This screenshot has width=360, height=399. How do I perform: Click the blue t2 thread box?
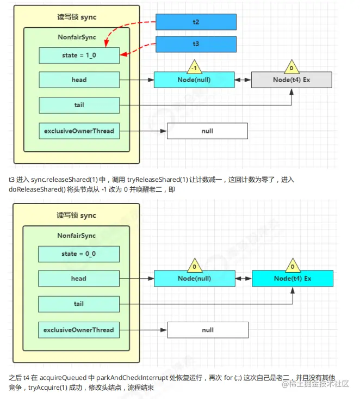196,22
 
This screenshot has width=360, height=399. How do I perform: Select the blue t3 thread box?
196,44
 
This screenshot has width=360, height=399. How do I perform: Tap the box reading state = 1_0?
79,56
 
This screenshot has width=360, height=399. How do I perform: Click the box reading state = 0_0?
79,254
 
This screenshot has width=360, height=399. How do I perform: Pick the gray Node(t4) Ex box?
291,80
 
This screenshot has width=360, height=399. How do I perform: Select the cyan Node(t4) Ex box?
293,279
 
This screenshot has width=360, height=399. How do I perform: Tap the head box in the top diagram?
79,80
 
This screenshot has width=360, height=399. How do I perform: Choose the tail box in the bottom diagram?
79,304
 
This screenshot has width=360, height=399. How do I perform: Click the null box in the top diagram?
207,131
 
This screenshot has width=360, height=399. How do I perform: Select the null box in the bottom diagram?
208,330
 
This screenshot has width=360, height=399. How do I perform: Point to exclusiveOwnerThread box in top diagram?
79,131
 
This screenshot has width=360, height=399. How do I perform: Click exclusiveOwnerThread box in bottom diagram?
79,330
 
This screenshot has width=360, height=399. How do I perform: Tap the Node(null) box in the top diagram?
194,80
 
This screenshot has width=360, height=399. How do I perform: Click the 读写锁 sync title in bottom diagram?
76,216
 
